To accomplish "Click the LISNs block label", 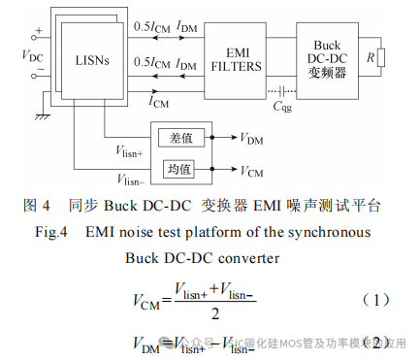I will click(x=92, y=61).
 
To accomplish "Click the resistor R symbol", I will click(x=381, y=58).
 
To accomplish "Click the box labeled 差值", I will click(x=180, y=138).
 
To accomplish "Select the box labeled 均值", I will click(x=180, y=170).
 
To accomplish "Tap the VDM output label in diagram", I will click(x=250, y=139).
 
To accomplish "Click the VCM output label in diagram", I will click(x=250, y=172).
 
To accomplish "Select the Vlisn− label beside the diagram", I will click(x=128, y=180).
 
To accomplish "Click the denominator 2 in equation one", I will click(x=214, y=312).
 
